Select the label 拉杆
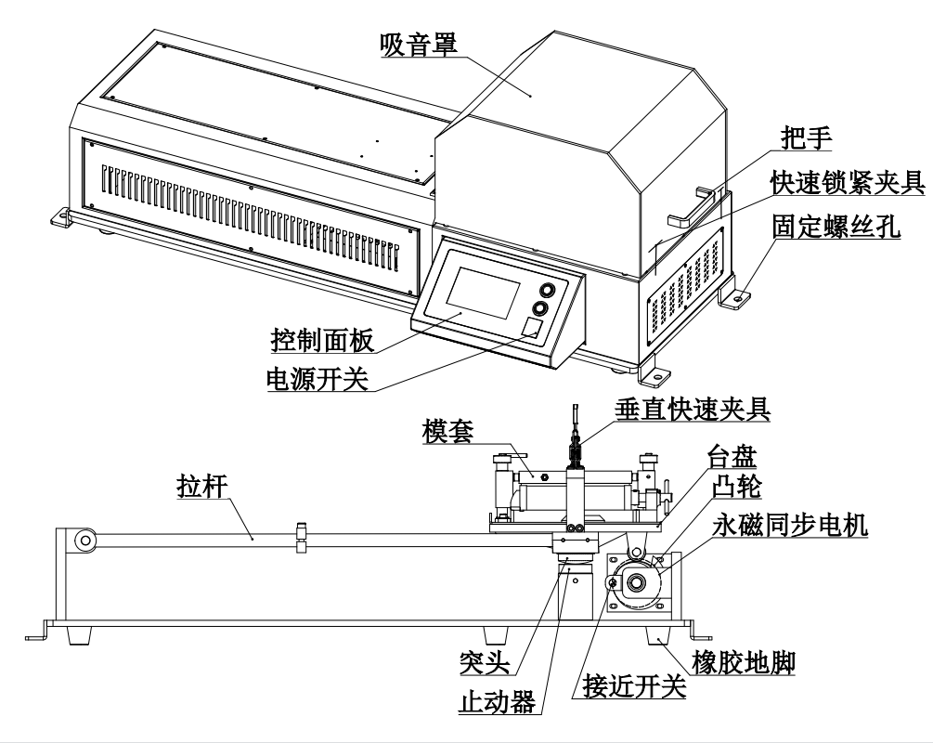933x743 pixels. pyautogui.click(x=201, y=487)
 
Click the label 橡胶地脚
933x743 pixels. pyautogui.click(x=745, y=663)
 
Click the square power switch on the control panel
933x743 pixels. pyautogui.click(x=530, y=327)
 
